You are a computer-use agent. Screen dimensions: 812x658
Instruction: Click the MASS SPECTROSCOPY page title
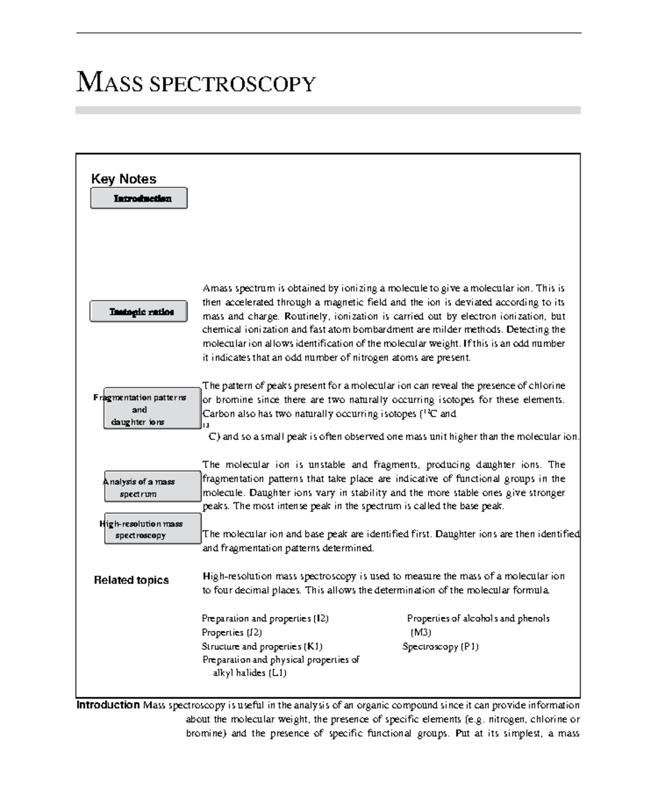pyautogui.click(x=196, y=83)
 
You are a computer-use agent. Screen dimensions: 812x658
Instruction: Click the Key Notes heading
pyautogui.click(x=123, y=179)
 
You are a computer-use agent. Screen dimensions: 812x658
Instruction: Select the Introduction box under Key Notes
pyautogui.click(x=139, y=198)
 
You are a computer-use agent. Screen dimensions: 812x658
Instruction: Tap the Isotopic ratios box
pyautogui.click(x=139, y=312)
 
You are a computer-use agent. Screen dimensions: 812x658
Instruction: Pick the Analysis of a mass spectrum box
pyautogui.click(x=152, y=487)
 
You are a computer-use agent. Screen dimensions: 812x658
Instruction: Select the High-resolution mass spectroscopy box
pyautogui.click(x=152, y=529)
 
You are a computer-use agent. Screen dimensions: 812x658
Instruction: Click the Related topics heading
pyautogui.click(x=131, y=580)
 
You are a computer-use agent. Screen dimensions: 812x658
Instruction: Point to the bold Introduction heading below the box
pyautogui.click(x=108, y=705)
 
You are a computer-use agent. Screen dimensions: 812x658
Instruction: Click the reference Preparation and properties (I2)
pyautogui.click(x=265, y=618)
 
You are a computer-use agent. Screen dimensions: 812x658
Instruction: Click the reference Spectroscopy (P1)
pyautogui.click(x=440, y=646)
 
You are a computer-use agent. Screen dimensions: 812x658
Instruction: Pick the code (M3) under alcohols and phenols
pyautogui.click(x=421, y=632)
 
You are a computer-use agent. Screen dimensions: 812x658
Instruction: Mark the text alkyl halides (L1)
pyautogui.click(x=249, y=673)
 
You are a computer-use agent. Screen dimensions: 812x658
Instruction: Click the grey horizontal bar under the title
pyautogui.click(x=327, y=110)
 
